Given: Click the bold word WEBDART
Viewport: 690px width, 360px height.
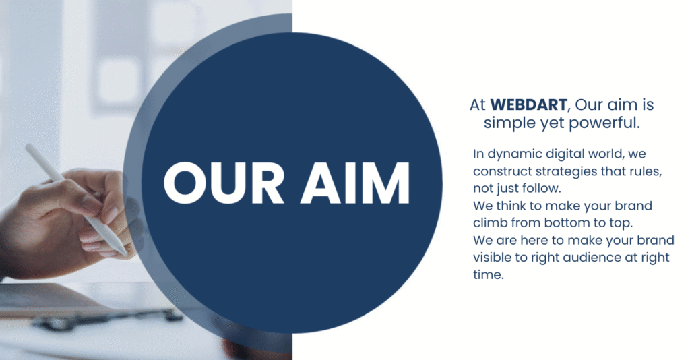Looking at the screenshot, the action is point(528,104).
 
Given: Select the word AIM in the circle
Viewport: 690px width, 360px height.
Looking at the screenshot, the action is point(355,183).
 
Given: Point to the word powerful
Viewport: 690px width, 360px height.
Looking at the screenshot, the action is point(604,123).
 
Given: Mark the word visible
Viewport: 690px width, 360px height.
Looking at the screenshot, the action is point(491,257).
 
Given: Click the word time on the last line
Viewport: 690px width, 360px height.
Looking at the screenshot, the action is point(488,274).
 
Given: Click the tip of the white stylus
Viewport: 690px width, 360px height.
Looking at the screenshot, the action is point(125,254).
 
